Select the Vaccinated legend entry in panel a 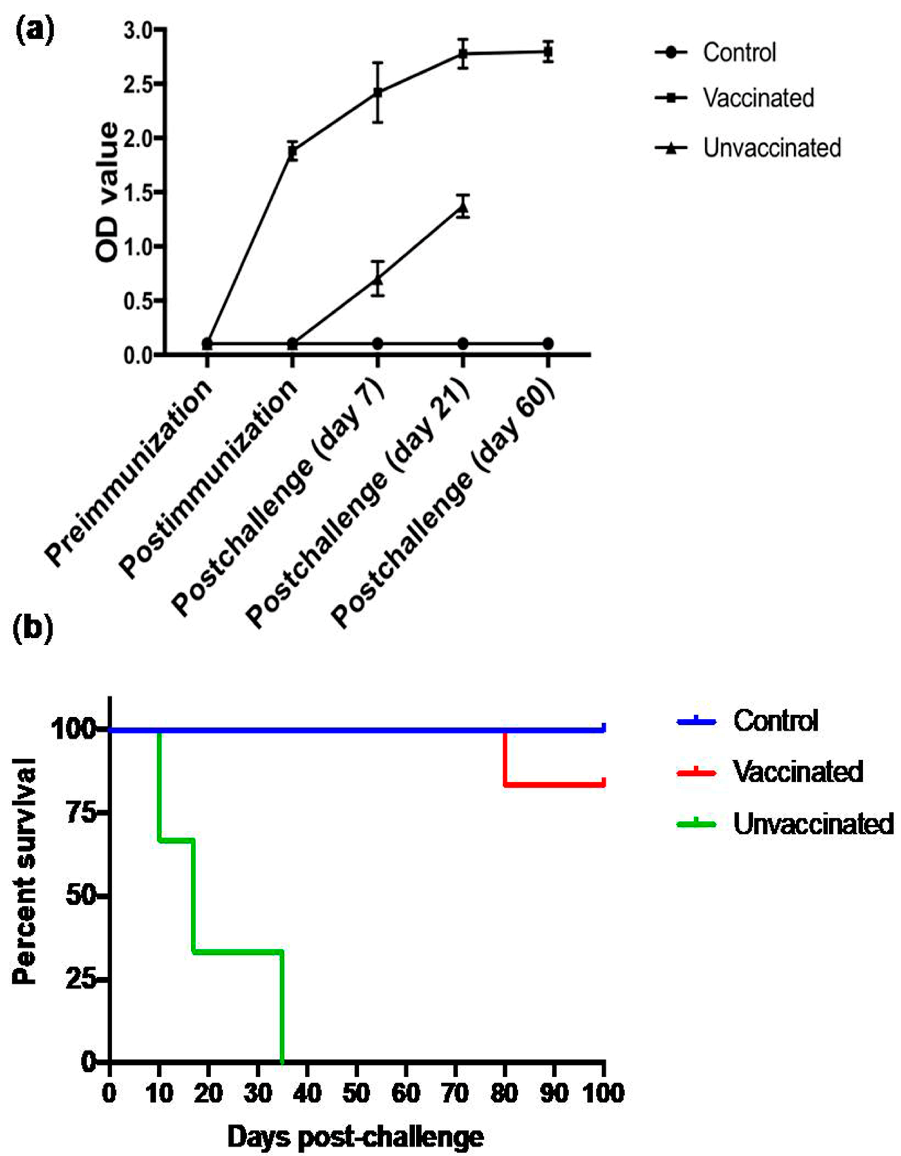(757, 98)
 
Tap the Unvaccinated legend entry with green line (813, 824)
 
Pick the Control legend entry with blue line (775, 720)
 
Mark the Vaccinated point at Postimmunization (292, 151)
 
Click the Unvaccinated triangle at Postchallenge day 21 (463, 208)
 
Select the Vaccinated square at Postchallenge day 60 (548, 52)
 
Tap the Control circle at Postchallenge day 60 (548, 343)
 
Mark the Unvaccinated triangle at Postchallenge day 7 (377, 279)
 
